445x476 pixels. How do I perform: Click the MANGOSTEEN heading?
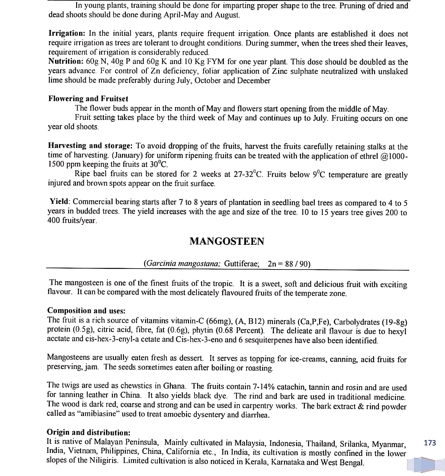[x=227, y=241]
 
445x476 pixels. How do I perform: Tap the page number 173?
[x=430, y=443]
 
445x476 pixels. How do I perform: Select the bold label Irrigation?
[x=67, y=33]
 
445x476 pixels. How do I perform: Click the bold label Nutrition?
[x=66, y=61]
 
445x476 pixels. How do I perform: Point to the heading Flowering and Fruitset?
[x=88, y=99]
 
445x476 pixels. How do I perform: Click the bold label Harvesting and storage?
[x=90, y=146]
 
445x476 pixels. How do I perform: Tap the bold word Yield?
[x=60, y=202]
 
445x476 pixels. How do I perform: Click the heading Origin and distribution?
[x=89, y=432]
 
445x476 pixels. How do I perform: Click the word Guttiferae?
[x=242, y=263]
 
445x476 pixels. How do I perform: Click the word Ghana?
[x=174, y=386]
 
